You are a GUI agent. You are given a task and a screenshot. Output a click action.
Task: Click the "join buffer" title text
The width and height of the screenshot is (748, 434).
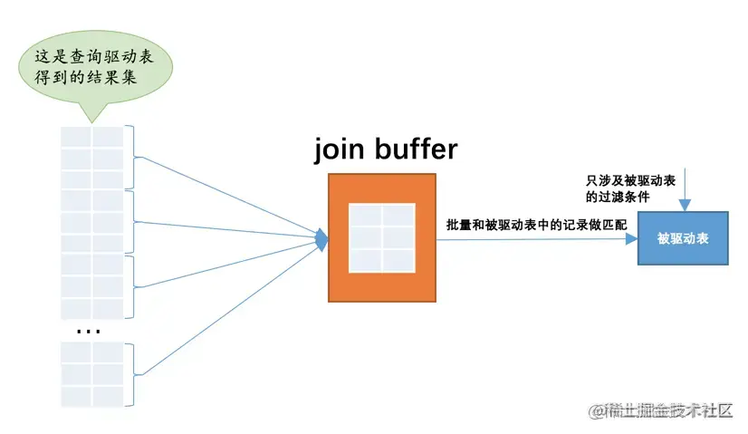tap(386, 149)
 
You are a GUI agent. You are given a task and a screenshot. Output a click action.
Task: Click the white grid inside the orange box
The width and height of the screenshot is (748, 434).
tap(381, 237)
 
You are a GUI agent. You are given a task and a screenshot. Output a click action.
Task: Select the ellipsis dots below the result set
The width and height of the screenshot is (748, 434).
tap(89, 332)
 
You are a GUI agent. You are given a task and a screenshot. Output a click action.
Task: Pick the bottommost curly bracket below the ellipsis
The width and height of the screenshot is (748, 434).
tap(136, 373)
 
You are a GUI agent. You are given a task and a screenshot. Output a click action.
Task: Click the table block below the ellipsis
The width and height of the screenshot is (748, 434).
tap(91, 373)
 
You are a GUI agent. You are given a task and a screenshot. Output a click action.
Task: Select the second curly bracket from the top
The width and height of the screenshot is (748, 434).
tap(136, 220)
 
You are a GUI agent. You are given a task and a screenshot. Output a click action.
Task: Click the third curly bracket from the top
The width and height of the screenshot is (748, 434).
tap(136, 285)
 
